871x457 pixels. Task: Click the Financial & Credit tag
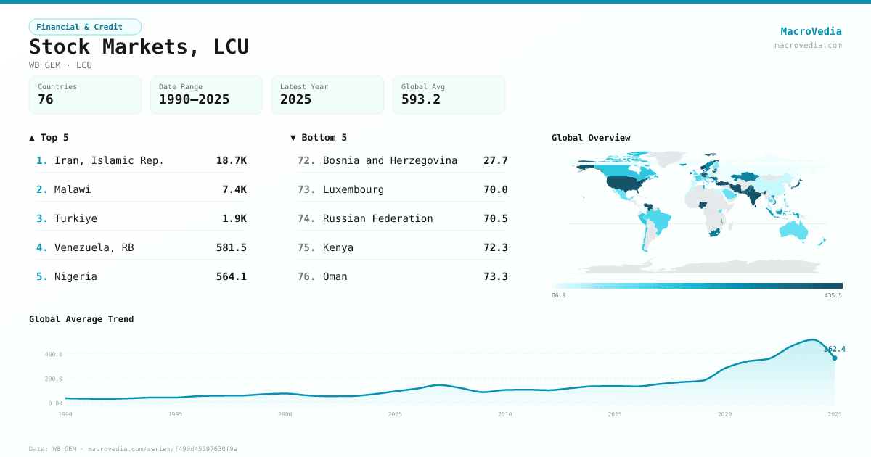(84, 27)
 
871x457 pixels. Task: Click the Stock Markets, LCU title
(139, 46)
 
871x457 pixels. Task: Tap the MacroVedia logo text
(811, 31)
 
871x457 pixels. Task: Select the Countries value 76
(46, 99)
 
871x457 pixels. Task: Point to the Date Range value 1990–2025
(194, 99)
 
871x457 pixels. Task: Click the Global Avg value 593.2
(421, 99)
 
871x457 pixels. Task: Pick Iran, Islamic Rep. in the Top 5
(109, 160)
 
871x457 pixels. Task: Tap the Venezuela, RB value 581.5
(231, 247)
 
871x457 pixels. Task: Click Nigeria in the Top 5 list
(75, 276)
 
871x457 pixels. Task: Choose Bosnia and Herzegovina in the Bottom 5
(390, 160)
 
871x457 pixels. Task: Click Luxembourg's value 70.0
(495, 189)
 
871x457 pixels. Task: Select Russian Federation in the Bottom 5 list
(377, 218)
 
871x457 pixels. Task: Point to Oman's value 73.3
(495, 276)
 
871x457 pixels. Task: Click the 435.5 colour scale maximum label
(833, 295)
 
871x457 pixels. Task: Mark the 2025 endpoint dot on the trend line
(834, 358)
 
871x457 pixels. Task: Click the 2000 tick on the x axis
(285, 414)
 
